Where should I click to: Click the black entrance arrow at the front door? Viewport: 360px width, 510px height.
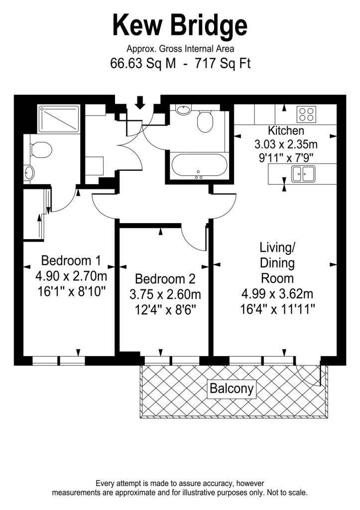140,103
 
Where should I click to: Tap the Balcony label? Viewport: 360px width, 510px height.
231,388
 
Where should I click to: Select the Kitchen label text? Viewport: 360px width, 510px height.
286,131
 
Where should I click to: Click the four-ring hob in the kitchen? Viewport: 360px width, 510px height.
307,114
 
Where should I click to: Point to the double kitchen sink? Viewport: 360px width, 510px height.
302,174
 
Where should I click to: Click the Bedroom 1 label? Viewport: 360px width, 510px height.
71,260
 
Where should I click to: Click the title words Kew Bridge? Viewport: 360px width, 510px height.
180,25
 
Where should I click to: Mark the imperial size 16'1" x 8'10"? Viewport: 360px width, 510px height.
71,292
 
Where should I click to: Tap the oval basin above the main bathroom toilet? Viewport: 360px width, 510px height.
184,109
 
